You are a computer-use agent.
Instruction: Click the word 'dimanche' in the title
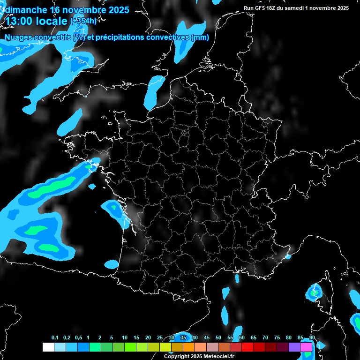click(x=26, y=10)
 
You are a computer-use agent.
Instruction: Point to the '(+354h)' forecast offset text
click(x=83, y=21)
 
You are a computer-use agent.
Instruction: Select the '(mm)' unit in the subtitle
click(x=200, y=37)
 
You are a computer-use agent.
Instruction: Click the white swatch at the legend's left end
click(x=48, y=347)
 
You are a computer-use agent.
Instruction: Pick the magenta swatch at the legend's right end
click(x=306, y=347)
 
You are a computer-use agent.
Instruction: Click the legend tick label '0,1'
click(x=55, y=338)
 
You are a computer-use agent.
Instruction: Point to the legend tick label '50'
click(x=218, y=338)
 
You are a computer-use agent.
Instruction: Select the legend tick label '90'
click(x=312, y=338)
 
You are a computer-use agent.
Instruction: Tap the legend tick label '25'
click(x=160, y=338)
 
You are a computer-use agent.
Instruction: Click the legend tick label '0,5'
click(x=78, y=338)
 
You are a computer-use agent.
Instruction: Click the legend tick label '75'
click(x=277, y=338)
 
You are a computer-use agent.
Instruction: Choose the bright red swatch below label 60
click(x=247, y=347)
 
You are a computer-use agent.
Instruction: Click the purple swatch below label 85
click(x=294, y=347)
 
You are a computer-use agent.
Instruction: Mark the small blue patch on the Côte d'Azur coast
click(x=288, y=256)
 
